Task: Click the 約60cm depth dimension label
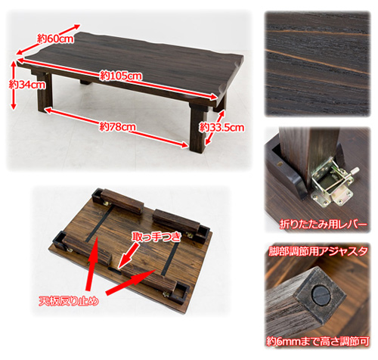tap(56, 39)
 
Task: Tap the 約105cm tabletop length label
tap(121, 76)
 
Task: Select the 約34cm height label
tap(27, 85)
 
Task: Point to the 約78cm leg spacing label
tap(117, 127)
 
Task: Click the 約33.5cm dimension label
tap(222, 127)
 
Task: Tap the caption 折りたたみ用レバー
tap(324, 224)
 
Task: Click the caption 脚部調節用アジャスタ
tap(318, 251)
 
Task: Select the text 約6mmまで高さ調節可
tap(318, 341)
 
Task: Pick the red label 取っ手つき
tap(156, 237)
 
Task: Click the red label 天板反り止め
tap(68, 301)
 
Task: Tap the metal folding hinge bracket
tap(331, 182)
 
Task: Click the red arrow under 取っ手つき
tap(128, 256)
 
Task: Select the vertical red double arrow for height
tap(14, 85)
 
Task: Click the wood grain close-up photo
tap(318, 64)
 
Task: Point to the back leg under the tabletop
tap(86, 81)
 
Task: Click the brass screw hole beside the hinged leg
tap(280, 163)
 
